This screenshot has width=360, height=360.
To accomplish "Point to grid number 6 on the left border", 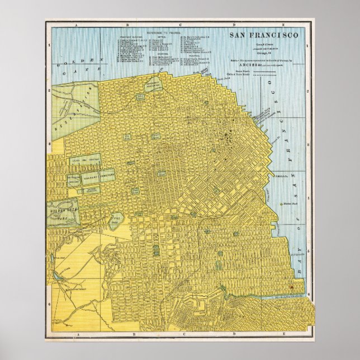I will (49, 303).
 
